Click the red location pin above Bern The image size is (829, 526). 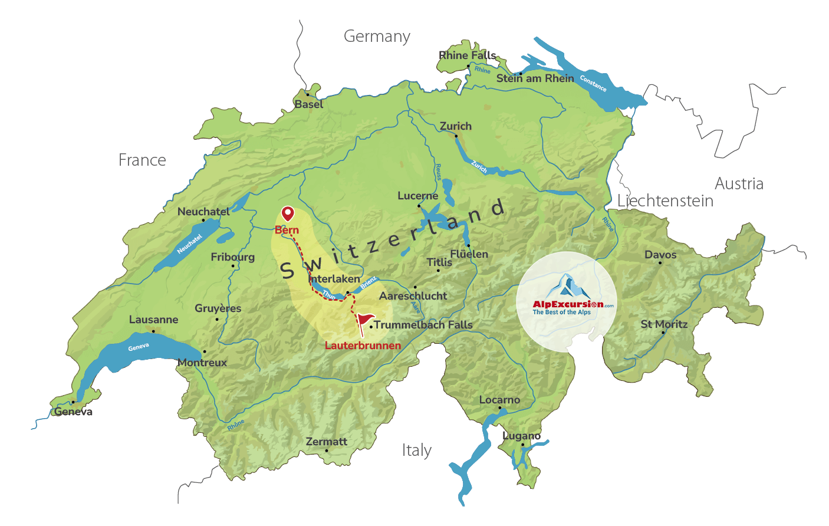pos(287,213)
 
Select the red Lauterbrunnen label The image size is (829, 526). pos(363,346)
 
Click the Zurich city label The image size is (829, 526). pos(456,126)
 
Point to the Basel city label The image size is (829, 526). pos(309,104)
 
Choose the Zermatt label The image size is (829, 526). pos(327,442)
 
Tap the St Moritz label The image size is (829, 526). pos(664,324)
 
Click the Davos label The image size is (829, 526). pos(660,255)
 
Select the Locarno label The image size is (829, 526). pos(499,400)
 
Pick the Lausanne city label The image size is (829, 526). pos(153,320)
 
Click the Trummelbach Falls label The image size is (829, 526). pos(423,325)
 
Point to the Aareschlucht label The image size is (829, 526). pos(413,296)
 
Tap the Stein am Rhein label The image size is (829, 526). pos(535,78)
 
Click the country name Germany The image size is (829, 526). pos(377,37)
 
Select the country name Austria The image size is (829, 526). pos(739,184)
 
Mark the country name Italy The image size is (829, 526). pos(417,451)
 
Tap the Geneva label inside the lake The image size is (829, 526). pos(139,347)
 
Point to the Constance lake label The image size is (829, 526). pos(593,83)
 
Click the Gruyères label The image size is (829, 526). pos(218,308)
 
